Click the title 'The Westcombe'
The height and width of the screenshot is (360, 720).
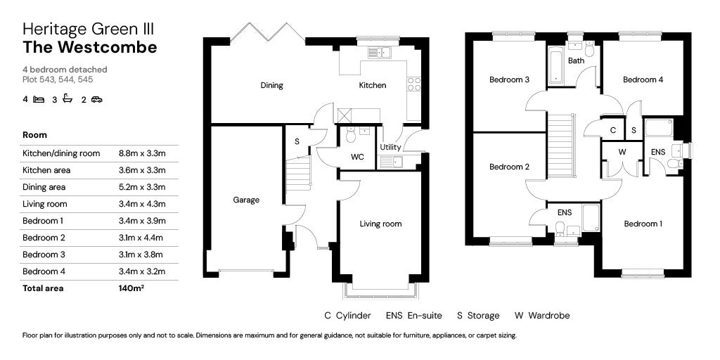click(90, 47)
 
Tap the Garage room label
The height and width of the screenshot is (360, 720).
click(246, 200)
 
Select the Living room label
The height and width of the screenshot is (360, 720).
click(380, 224)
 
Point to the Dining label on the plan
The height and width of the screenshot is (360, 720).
click(271, 85)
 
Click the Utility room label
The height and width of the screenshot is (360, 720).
click(390, 148)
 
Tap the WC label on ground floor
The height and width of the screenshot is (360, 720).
click(357, 157)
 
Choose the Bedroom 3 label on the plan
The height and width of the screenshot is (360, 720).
click(509, 79)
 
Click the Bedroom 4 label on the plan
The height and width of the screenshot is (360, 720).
click(643, 79)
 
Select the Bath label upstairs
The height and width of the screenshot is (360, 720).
click(576, 60)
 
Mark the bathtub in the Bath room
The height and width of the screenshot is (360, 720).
click(555, 66)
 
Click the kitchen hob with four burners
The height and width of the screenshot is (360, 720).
click(414, 84)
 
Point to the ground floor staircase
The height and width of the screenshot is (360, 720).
click(299, 173)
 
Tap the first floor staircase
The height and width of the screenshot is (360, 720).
click(561, 146)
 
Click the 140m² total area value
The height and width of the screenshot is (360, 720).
click(131, 288)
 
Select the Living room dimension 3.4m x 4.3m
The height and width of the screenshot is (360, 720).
click(142, 204)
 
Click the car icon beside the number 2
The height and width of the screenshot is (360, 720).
click(96, 99)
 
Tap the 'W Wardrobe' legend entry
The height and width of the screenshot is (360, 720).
click(542, 316)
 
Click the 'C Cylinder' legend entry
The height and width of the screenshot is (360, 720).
click(347, 316)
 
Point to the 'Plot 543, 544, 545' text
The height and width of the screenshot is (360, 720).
click(58, 79)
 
